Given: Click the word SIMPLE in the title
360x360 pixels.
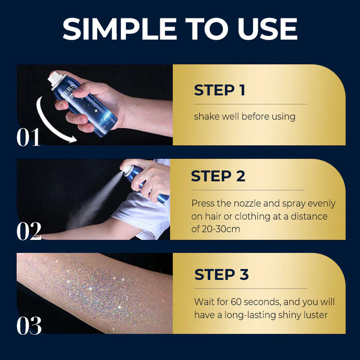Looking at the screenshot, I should click(118, 29).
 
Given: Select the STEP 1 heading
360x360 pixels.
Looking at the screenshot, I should click(219, 90).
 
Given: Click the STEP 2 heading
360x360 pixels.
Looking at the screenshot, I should click(218, 176).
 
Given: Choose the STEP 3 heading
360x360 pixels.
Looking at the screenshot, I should click(221, 274).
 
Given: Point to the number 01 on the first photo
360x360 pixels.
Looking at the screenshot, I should click(29, 138).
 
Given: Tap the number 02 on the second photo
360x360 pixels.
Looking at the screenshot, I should click(29, 231).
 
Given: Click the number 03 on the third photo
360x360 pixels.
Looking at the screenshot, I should click(29, 325).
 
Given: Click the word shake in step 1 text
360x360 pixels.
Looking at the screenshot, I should click(205, 117).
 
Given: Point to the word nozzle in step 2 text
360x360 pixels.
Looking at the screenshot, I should click(242, 203).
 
